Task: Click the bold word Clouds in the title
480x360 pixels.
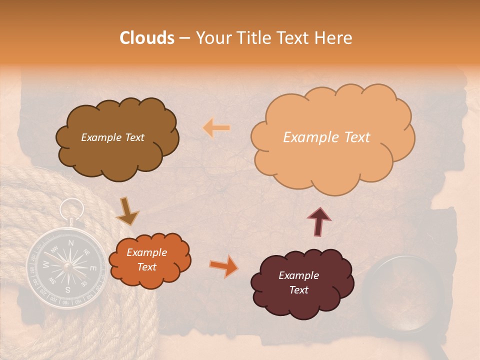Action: pyautogui.click(x=147, y=38)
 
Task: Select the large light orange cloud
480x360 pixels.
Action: pyautogui.click(x=332, y=137)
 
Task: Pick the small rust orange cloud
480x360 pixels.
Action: pyautogui.click(x=149, y=259)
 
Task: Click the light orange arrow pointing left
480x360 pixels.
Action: pyautogui.click(x=216, y=128)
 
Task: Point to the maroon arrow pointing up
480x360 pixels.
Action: pyautogui.click(x=319, y=221)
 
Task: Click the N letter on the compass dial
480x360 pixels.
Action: pyautogui.click(x=71, y=243)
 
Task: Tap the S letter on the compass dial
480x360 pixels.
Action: pyautogui.click(x=67, y=289)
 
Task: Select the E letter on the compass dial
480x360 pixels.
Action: pyautogui.click(x=92, y=268)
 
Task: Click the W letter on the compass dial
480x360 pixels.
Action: pyautogui.click(x=46, y=264)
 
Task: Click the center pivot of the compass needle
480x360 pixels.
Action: pyautogui.click(x=66, y=266)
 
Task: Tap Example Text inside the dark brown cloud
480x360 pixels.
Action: pyautogui.click(x=112, y=137)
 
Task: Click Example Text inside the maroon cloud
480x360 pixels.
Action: pyautogui.click(x=299, y=282)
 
